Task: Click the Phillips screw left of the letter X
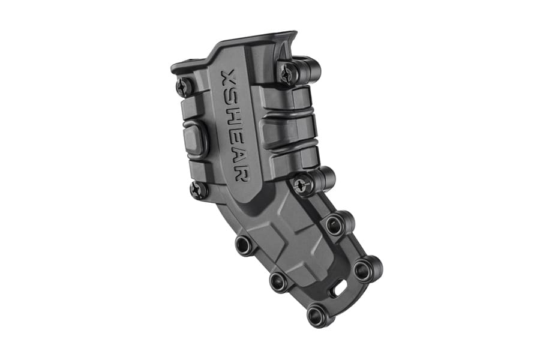184,87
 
